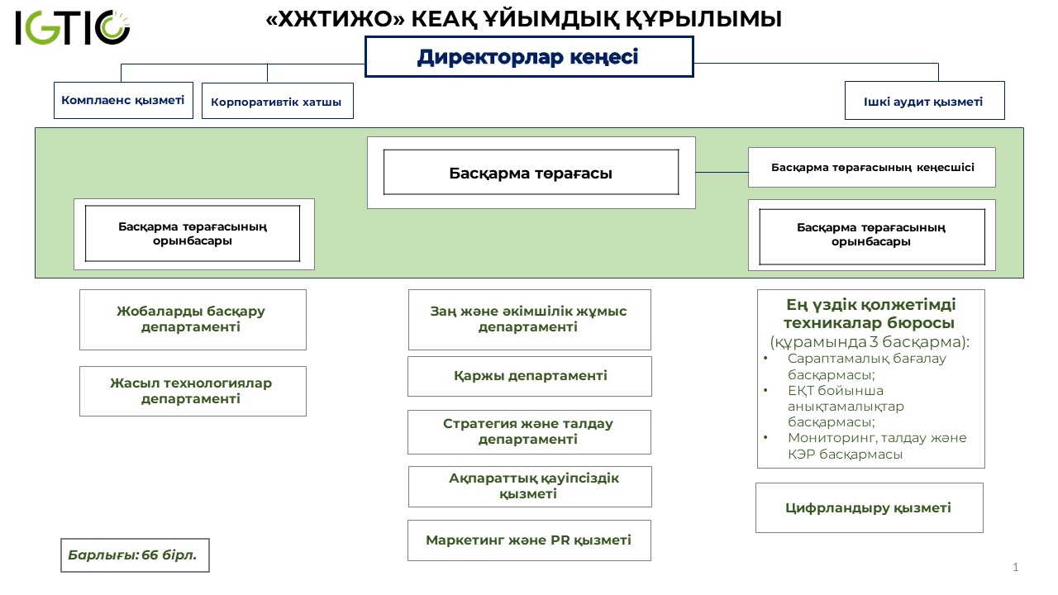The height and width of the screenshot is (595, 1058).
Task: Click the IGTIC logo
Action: [x=72, y=28]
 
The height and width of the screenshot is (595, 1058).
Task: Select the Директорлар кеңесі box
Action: [x=529, y=57]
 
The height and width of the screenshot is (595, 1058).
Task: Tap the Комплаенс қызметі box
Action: [x=124, y=100]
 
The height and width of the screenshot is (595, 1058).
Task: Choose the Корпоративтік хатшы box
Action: [x=277, y=102]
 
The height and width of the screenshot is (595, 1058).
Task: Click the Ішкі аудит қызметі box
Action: [x=924, y=101]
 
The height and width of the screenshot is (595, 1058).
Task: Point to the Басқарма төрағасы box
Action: [x=531, y=173]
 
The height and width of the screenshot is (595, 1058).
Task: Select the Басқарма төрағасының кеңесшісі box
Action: [x=872, y=167]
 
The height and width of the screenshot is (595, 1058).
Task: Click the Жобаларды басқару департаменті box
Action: [x=193, y=319]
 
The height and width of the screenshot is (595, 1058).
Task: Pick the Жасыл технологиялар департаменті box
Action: [x=193, y=391]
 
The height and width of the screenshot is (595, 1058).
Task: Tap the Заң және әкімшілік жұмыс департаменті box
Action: [x=529, y=319]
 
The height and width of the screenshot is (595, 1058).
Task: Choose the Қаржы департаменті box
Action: [x=530, y=376]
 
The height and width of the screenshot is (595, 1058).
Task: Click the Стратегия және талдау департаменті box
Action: [x=529, y=431]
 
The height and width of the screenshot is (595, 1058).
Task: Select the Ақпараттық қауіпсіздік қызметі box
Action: [x=530, y=486]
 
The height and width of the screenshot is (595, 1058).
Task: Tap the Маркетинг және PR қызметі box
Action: [x=529, y=540]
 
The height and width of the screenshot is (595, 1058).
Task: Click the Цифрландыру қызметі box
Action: [x=869, y=507]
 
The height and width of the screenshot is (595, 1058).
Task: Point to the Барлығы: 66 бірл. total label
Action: [x=135, y=555]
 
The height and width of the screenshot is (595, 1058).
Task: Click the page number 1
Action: [x=1016, y=568]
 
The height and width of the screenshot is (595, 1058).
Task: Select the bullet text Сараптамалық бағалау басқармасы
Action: [x=866, y=366]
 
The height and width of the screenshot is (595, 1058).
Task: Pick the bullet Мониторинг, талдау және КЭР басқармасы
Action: [x=876, y=446]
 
